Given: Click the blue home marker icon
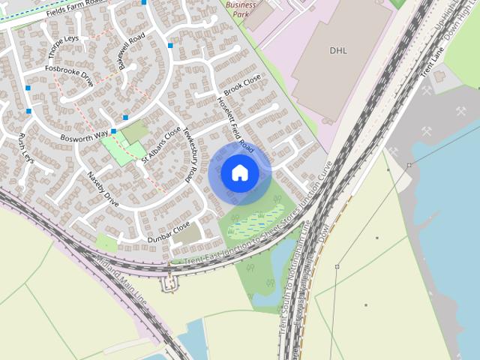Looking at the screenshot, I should pos(240,172).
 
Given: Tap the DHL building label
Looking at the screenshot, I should pos(339,50).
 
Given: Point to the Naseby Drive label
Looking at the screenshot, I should pos(103,189).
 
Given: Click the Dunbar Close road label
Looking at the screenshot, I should pos(168,233).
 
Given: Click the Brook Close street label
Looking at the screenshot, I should pos(241,87).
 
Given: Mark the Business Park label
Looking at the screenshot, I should pos(241,9).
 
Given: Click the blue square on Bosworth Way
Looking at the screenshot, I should pos(113,131).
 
